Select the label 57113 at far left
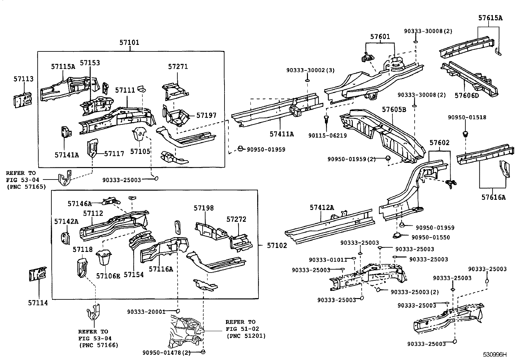click(24, 79)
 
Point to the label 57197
click(206, 115)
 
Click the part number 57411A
click(281, 134)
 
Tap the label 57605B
click(394, 109)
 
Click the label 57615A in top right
click(490, 18)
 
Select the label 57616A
click(493, 197)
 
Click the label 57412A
click(322, 207)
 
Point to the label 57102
click(277, 245)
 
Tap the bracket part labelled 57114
click(37, 275)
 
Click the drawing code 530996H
click(495, 354)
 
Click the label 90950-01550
click(430, 237)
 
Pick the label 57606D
click(466, 95)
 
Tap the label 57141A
click(67, 155)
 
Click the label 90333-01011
click(328, 260)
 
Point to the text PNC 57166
click(99, 345)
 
